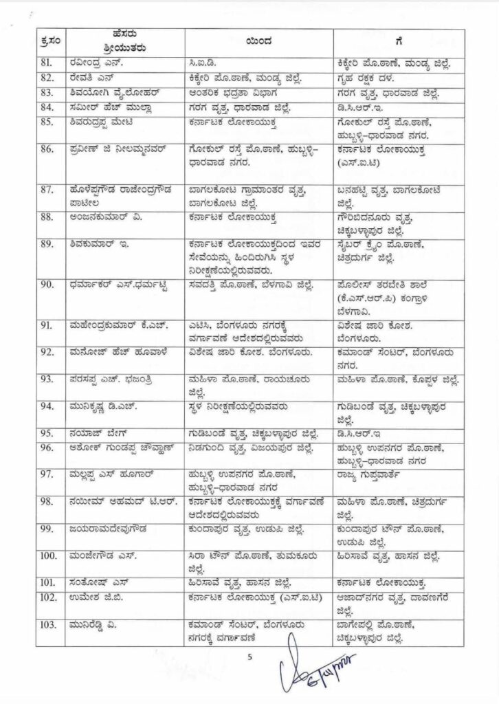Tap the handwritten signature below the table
pos(310,670)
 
